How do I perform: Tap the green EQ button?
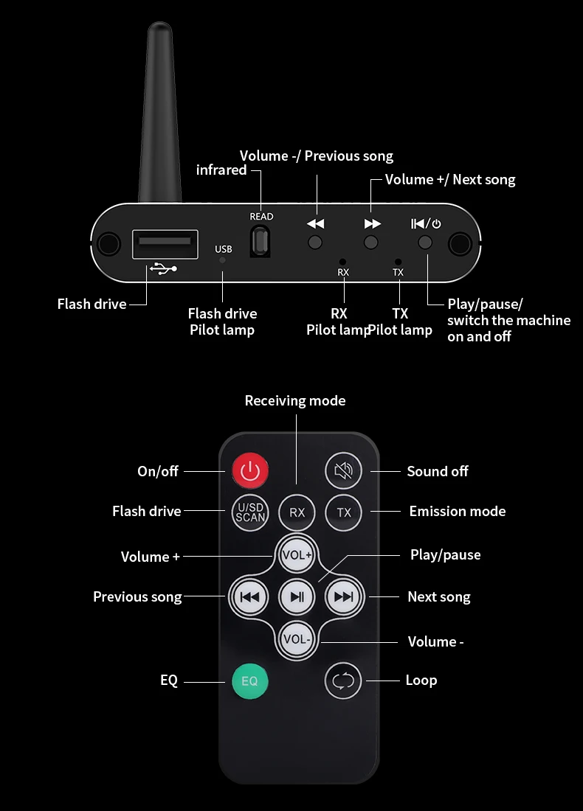[249, 681]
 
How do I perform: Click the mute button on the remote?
[343, 470]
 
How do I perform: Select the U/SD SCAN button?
[250, 512]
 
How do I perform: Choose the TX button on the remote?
[343, 512]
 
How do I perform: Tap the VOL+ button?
[297, 555]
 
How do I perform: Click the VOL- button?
[297, 639]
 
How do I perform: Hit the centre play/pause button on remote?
[297, 597]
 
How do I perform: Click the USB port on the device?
[165, 243]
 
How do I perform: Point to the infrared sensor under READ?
[261, 242]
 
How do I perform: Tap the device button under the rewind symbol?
[315, 242]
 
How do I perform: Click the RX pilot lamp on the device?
[342, 262]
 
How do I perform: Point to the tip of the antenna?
[159, 23]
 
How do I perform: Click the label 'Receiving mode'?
[295, 400]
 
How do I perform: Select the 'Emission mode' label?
[458, 511]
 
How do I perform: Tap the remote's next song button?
[343, 597]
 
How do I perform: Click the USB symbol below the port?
[164, 268]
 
